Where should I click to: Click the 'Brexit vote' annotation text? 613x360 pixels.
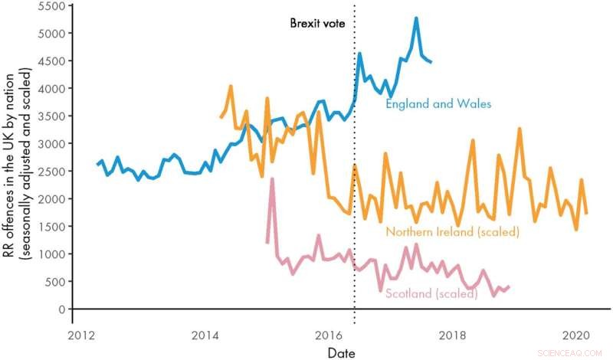(317, 23)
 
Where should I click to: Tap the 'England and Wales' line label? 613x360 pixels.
(438, 103)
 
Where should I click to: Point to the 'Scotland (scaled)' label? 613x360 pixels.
(431, 293)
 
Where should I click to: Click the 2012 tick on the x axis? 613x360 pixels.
(80, 335)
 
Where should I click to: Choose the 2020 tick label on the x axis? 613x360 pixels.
(575, 335)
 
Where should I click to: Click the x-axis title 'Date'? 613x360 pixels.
(340, 352)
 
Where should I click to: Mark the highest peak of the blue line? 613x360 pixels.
(416, 18)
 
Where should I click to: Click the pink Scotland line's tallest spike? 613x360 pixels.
(272, 179)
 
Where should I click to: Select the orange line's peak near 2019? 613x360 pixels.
(520, 129)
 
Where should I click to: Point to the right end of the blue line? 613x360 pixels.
(431, 61)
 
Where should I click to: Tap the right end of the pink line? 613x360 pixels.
(509, 286)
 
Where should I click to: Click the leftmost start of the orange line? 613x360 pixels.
(221, 116)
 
